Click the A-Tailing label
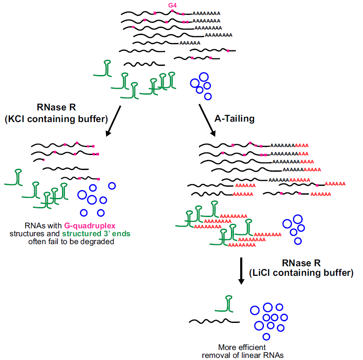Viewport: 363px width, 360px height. click(x=234, y=119)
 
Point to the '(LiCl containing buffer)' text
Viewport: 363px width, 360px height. click(x=301, y=273)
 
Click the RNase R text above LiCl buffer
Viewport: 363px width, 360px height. click(x=301, y=263)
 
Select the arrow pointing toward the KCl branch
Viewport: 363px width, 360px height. click(x=113, y=121)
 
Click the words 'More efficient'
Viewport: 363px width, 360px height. click(x=242, y=347)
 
